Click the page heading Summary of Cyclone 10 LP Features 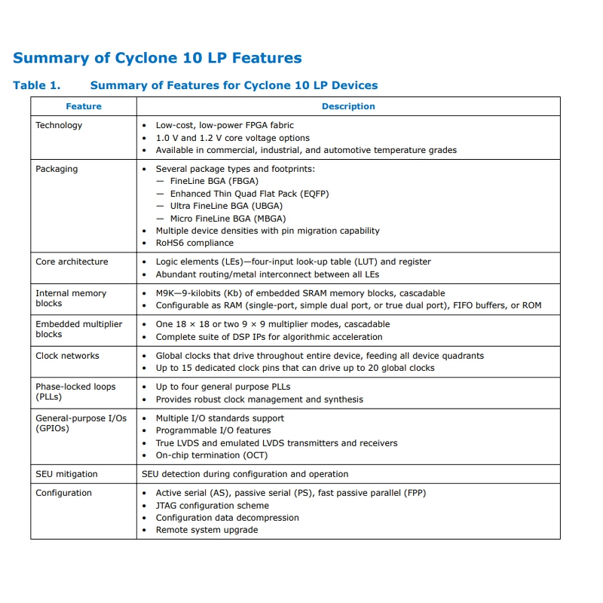pyautogui.click(x=158, y=58)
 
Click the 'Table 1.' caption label pyautogui.click(x=36, y=85)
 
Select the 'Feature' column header pyautogui.click(x=84, y=106)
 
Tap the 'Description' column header pyautogui.click(x=348, y=106)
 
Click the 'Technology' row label pyautogui.click(x=59, y=125)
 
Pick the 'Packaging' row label pyautogui.click(x=57, y=169)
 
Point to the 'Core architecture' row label pyautogui.click(x=72, y=262)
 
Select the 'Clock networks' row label pyautogui.click(x=67, y=356)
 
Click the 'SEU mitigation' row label pyautogui.click(x=66, y=474)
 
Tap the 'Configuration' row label pyautogui.click(x=63, y=493)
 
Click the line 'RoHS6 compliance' pyautogui.click(x=194, y=243)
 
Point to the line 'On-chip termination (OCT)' pyautogui.click(x=212, y=455)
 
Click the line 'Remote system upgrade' pyautogui.click(x=207, y=530)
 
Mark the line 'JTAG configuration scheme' pyautogui.click(x=212, y=505)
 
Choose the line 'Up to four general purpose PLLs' pyautogui.click(x=223, y=387)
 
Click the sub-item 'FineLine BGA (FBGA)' pyautogui.click(x=214, y=182)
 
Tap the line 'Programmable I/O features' pyautogui.click(x=213, y=430)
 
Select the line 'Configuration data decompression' pyautogui.click(x=227, y=518)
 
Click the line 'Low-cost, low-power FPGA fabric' pyautogui.click(x=225, y=125)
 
